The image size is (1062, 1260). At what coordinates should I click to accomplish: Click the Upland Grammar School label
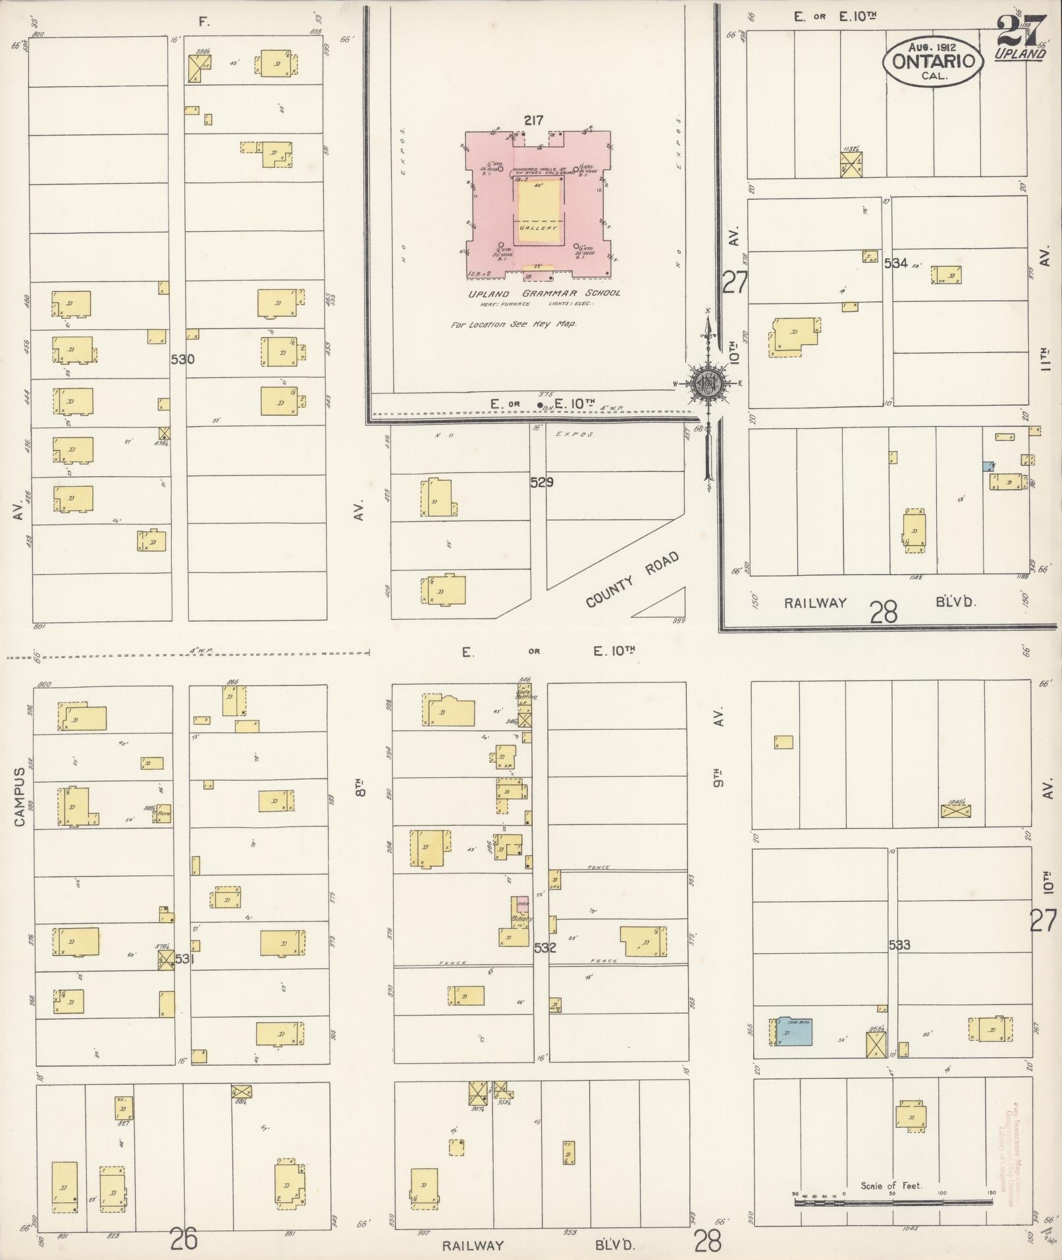click(x=544, y=293)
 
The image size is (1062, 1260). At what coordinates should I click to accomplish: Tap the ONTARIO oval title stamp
click(x=933, y=61)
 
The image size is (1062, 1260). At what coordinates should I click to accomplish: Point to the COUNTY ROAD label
click(x=631, y=580)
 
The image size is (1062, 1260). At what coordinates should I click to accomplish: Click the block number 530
click(x=182, y=360)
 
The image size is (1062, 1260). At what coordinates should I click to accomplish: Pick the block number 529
click(x=542, y=482)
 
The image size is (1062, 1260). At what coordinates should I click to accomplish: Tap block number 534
click(x=895, y=263)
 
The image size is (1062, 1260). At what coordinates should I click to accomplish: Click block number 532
click(x=545, y=948)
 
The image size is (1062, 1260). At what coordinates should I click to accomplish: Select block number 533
click(x=899, y=945)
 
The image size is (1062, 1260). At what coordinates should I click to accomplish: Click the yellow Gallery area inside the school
click(x=539, y=213)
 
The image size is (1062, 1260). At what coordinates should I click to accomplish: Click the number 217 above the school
click(x=533, y=121)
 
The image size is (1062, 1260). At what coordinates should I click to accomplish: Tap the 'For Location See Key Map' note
click(x=514, y=325)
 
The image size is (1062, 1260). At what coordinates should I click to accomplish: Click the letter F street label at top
click(x=203, y=22)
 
